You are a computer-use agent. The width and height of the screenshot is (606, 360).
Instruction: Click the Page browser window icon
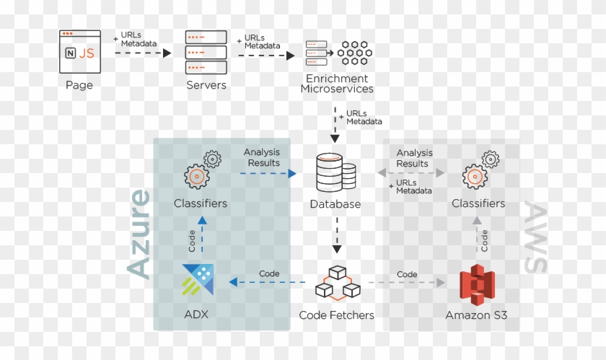click(79, 51)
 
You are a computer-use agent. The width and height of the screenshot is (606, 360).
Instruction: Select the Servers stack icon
click(206, 52)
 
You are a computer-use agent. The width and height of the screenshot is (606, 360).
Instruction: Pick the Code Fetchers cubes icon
click(337, 284)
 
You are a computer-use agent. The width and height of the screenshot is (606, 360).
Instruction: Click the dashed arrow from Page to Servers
click(142, 53)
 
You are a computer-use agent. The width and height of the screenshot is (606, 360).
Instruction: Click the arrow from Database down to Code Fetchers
click(335, 234)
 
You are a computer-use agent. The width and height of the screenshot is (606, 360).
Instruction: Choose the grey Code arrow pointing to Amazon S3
click(406, 283)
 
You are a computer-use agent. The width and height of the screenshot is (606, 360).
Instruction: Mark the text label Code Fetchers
click(336, 315)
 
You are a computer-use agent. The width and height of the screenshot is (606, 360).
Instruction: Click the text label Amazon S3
click(477, 315)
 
